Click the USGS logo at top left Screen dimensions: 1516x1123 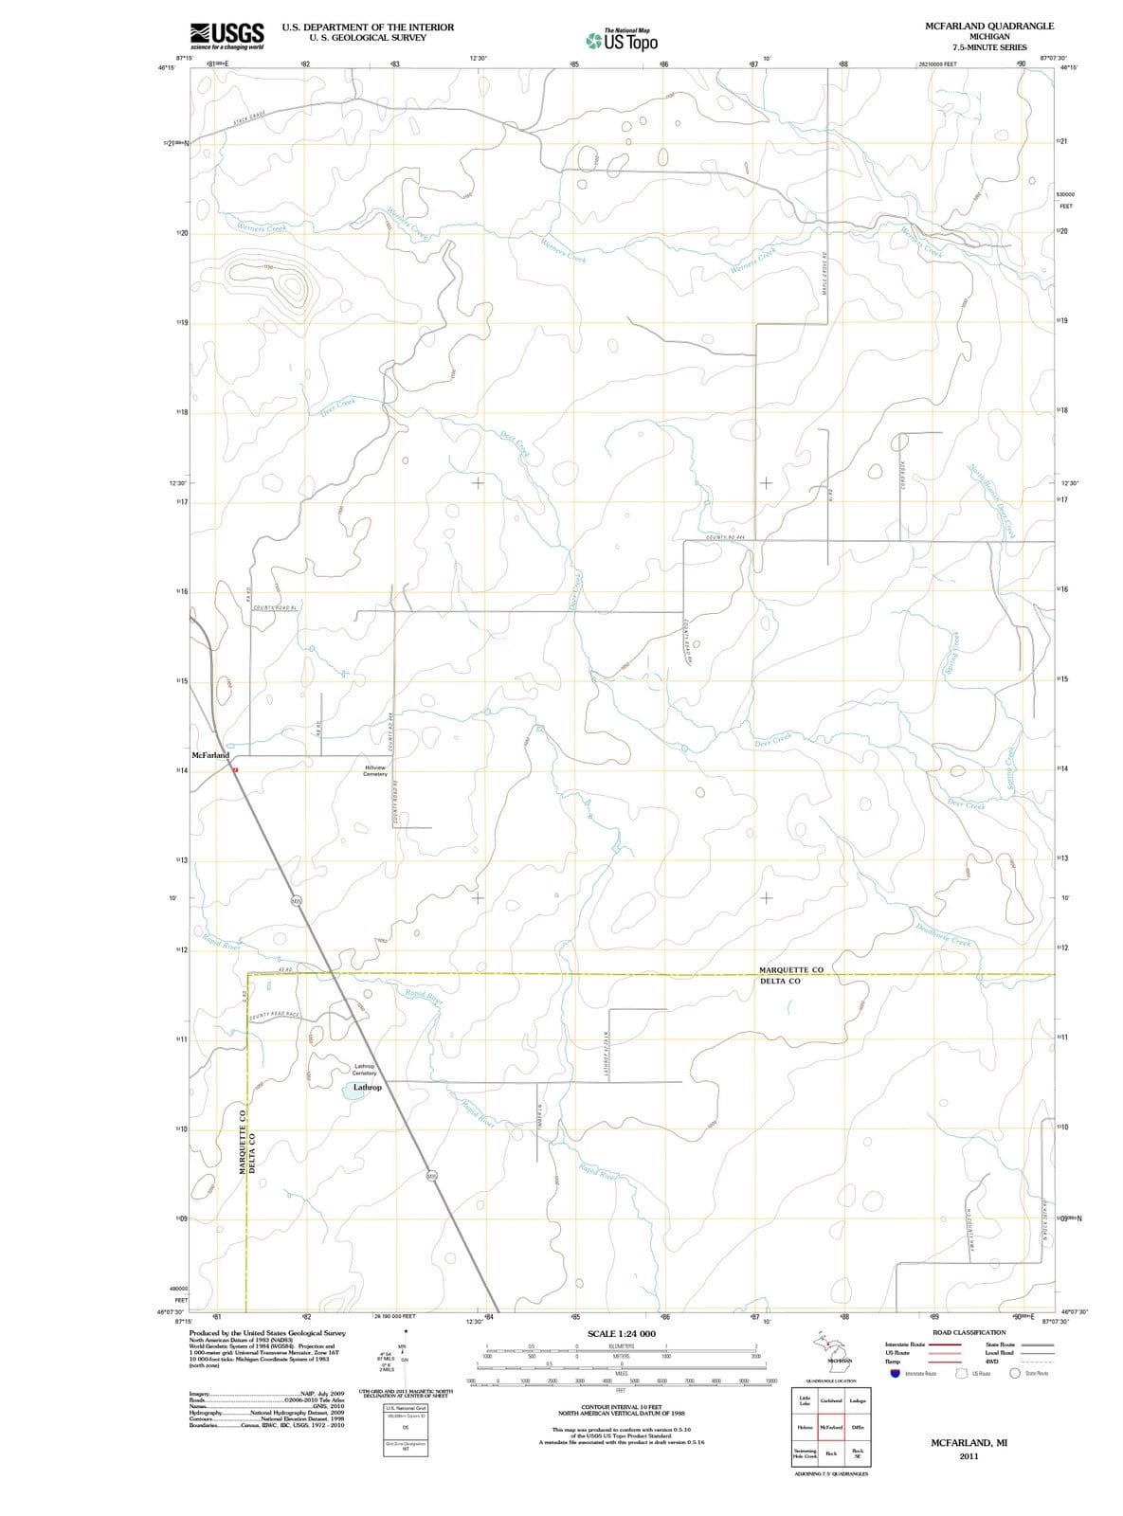226,35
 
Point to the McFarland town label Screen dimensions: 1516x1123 209,755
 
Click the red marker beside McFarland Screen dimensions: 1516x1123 235,770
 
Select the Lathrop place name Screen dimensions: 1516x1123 367,1087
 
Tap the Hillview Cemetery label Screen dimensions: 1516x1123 374,770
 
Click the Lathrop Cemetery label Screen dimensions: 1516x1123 365,1070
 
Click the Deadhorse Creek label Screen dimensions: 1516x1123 943,934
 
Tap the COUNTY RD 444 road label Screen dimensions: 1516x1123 726,538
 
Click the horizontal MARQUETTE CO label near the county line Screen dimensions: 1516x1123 790,969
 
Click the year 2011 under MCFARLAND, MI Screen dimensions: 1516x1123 968,1456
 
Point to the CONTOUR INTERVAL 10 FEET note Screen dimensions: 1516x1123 621,1407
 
